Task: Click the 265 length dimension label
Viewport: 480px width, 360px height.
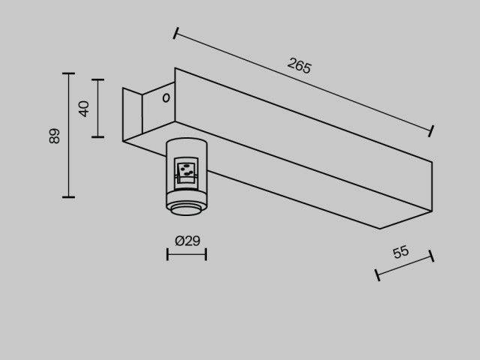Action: pos(299,66)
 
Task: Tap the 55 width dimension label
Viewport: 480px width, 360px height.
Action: pos(400,252)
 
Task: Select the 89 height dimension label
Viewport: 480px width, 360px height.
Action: pos(55,136)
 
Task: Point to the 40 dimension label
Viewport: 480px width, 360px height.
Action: pos(83,109)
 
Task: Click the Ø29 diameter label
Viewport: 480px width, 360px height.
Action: pos(187,241)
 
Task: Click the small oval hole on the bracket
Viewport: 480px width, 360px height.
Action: pos(166,98)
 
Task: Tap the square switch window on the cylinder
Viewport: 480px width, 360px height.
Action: pos(186,173)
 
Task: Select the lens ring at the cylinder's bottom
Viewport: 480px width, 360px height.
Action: pos(186,210)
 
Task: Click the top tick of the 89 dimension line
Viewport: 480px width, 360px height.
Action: pos(68,73)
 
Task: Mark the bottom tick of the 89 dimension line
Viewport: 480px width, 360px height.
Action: pos(68,197)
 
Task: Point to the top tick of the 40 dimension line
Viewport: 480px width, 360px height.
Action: pos(98,79)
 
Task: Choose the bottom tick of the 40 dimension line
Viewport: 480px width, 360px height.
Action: pos(98,136)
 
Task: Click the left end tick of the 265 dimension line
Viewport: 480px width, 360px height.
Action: pos(175,33)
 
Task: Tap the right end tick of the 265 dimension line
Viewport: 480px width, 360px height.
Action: pos(431,131)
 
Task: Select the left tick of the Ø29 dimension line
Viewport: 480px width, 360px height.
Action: pos(167,254)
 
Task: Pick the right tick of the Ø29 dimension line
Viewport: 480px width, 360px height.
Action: pos(206,254)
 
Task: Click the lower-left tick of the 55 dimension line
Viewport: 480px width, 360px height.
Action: pos(377,275)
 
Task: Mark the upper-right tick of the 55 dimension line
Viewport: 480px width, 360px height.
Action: pos(431,256)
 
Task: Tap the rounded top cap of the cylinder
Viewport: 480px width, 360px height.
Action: pos(187,142)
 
